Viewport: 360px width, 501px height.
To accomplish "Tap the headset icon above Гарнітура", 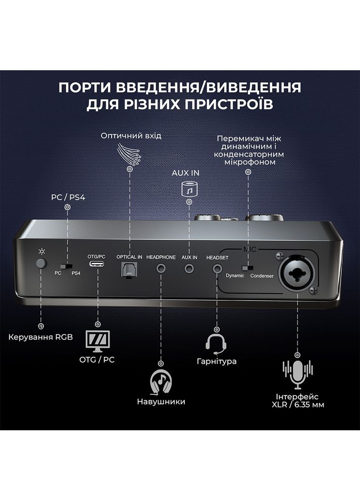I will point(216,344).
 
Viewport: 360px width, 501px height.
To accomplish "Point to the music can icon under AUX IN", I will point(189,189).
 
